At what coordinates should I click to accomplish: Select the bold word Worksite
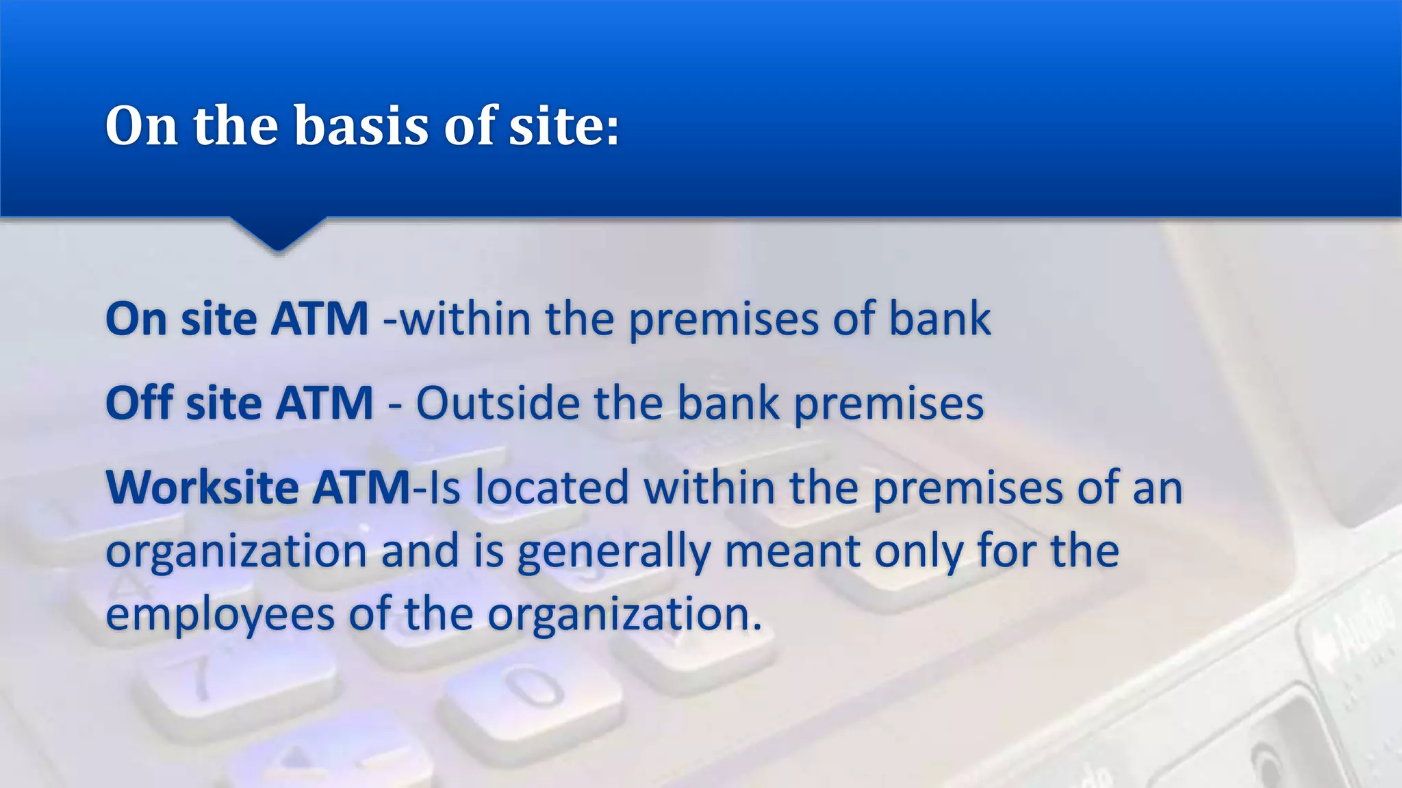pos(203,488)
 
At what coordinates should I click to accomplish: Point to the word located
pos(551,488)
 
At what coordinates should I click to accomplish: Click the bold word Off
pos(139,403)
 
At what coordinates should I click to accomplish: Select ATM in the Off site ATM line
pos(324,403)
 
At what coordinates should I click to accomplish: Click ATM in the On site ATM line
pos(320,319)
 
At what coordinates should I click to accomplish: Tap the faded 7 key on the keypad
pos(199,677)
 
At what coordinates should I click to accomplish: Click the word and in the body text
pos(420,551)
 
